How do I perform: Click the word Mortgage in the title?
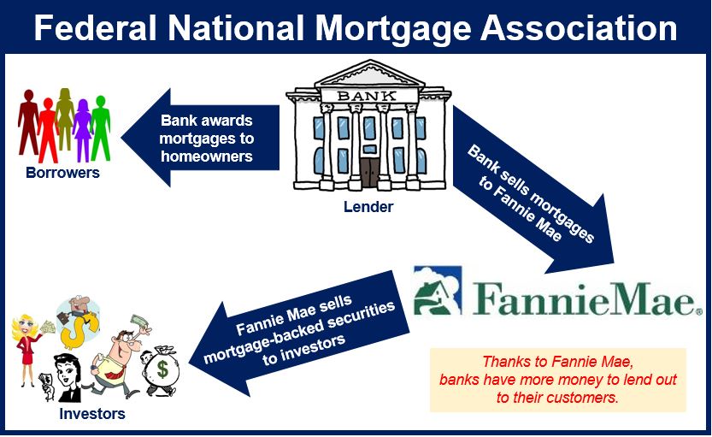pyautogui.click(x=393, y=29)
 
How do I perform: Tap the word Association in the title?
pyautogui.click(x=579, y=27)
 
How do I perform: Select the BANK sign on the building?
pyautogui.click(x=367, y=96)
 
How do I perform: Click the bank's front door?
pyautogui.click(x=369, y=172)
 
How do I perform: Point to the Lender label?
pyautogui.click(x=368, y=207)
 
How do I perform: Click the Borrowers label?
pyautogui.click(x=62, y=173)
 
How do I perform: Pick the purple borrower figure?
pyautogui.click(x=82, y=130)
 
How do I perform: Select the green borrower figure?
pyautogui.click(x=100, y=128)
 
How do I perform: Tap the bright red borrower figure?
pyautogui.click(x=48, y=130)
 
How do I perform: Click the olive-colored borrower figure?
pyautogui.click(x=65, y=119)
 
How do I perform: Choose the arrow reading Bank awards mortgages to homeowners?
pyautogui.click(x=200, y=138)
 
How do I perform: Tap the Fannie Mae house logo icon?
pyautogui.click(x=438, y=291)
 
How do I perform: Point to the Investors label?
pyautogui.click(x=92, y=414)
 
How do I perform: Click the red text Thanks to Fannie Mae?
pyautogui.click(x=557, y=362)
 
